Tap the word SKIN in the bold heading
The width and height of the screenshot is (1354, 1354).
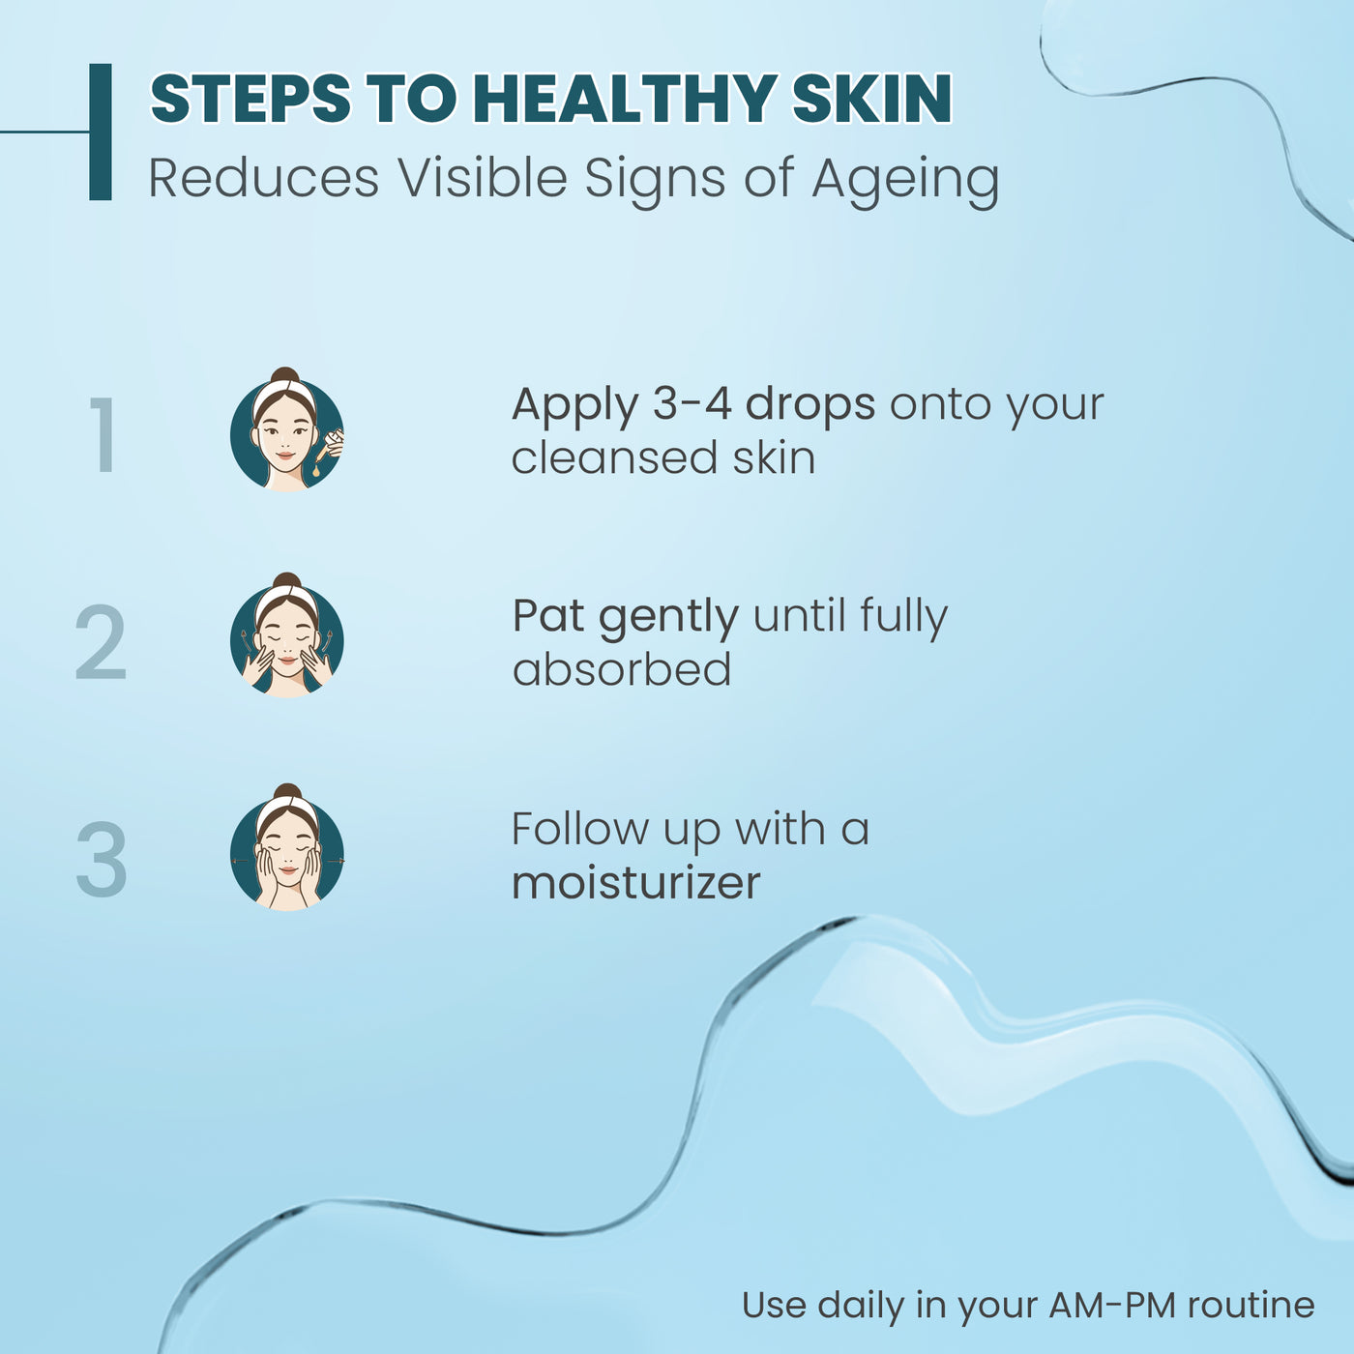click(x=872, y=99)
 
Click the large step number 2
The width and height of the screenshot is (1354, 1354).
click(x=101, y=642)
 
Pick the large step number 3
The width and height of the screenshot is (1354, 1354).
click(x=102, y=859)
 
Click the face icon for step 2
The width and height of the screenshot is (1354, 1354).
click(x=286, y=635)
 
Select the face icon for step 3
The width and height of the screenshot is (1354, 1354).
click(x=286, y=846)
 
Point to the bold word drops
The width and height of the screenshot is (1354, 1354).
click(x=810, y=405)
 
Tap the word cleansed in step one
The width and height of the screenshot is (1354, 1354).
click(x=614, y=458)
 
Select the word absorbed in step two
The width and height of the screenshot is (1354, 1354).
click(x=622, y=669)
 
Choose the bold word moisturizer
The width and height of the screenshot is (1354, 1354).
click(x=635, y=883)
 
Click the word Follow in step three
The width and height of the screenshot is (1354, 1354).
click(x=580, y=829)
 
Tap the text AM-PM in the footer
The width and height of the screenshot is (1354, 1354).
click(x=1112, y=1306)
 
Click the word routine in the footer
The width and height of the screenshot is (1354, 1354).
click(x=1251, y=1306)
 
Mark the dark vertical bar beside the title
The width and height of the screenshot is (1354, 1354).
click(x=101, y=132)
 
